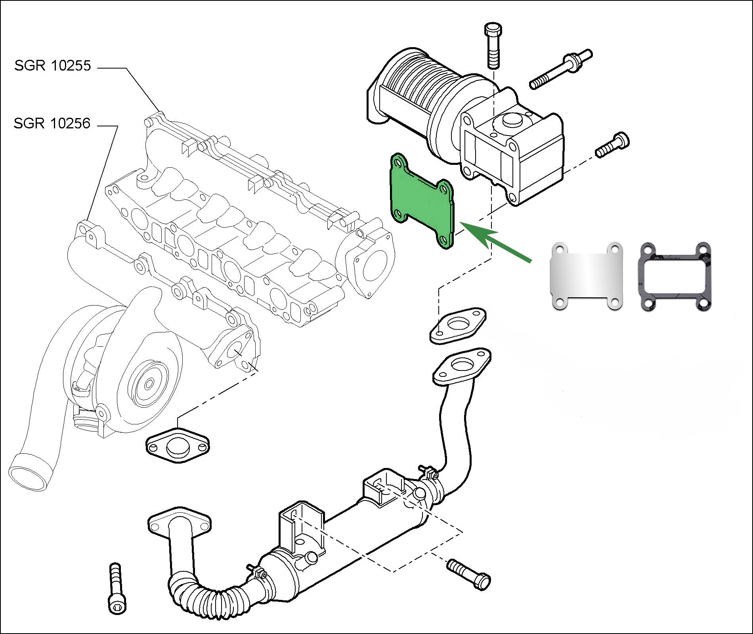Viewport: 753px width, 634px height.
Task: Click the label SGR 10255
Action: click(53, 65)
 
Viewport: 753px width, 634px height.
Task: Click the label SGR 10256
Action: click(52, 124)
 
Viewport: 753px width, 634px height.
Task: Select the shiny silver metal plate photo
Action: click(586, 275)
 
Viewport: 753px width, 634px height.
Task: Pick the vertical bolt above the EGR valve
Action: click(493, 46)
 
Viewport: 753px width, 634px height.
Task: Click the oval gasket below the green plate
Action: click(458, 325)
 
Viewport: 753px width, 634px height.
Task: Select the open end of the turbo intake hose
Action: click(30, 472)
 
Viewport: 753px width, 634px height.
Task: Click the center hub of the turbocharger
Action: click(149, 384)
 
